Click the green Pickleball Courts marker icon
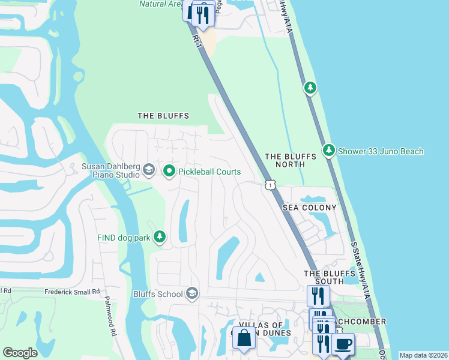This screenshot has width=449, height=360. [x=169, y=172]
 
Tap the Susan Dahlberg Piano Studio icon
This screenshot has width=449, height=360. [x=149, y=172]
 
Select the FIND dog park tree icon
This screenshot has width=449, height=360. [x=159, y=238]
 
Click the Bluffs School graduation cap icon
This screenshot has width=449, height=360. [x=192, y=293]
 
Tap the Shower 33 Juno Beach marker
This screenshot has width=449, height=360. [x=328, y=151]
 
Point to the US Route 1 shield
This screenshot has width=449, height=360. [x=271, y=185]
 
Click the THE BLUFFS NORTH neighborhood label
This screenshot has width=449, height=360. [x=291, y=160]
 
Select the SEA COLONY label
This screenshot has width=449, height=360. [x=310, y=208]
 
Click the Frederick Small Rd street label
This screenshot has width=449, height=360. [x=72, y=292]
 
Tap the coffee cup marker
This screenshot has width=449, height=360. [x=343, y=344]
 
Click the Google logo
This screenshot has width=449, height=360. [x=20, y=353]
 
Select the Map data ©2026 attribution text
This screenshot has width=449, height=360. [x=423, y=355]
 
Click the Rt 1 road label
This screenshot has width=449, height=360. [x=196, y=41]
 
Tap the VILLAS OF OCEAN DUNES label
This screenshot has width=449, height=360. [x=265, y=329]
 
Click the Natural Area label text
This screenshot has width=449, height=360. [x=160, y=4]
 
